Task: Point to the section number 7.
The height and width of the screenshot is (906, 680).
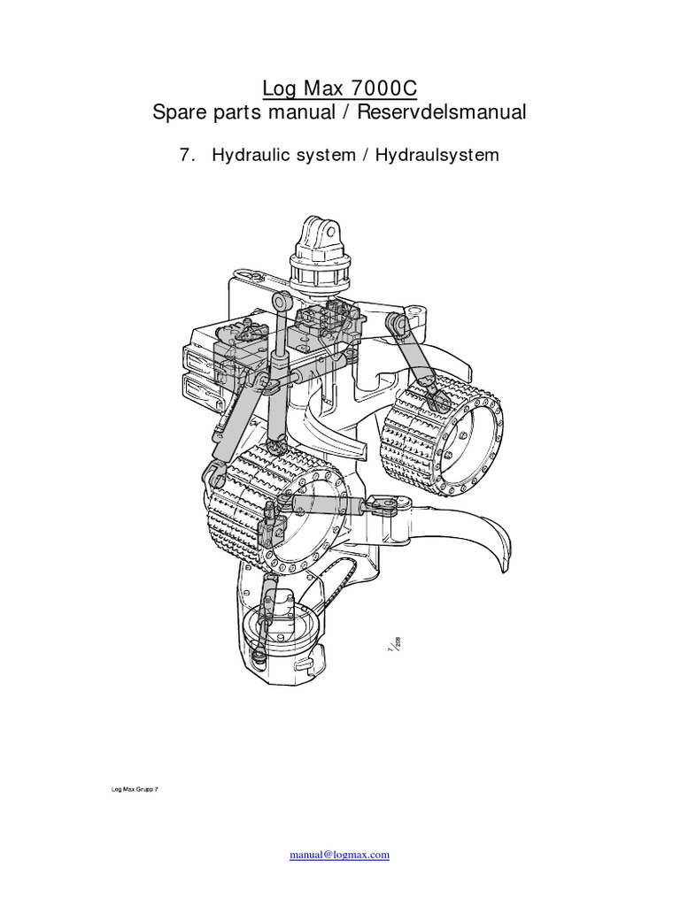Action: tap(187, 155)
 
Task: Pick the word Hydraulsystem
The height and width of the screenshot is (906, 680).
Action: tap(437, 155)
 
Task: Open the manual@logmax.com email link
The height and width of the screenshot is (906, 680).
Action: tap(340, 856)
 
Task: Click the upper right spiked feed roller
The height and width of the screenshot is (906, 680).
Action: tap(441, 429)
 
